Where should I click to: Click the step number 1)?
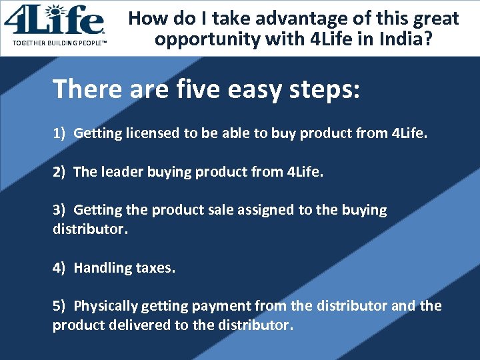pos(59,133)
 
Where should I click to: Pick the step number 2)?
pos(59,172)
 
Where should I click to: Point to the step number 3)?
pos(59,210)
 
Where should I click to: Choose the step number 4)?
pos(59,268)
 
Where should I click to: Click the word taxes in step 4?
pos(155,268)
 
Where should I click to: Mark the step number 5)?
pos(59,306)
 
